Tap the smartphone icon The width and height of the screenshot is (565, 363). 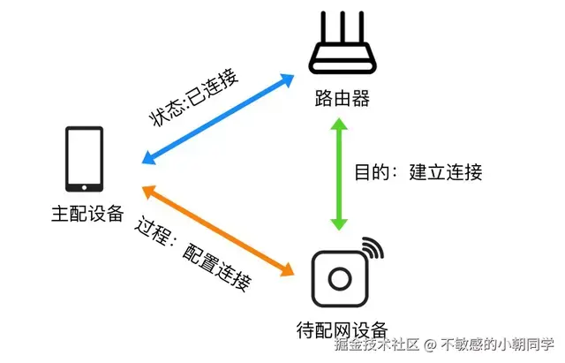pos(85,159)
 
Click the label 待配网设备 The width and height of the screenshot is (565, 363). pos(341,328)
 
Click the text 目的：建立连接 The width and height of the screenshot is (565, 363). pos(418,171)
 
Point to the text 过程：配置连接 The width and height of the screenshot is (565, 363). pos(194,253)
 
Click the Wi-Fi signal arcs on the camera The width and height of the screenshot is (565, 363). pos(374,248)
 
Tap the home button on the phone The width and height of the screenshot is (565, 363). pos(85,185)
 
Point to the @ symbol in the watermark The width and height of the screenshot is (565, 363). pos(429,345)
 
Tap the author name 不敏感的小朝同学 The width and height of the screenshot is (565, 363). pos(497,345)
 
